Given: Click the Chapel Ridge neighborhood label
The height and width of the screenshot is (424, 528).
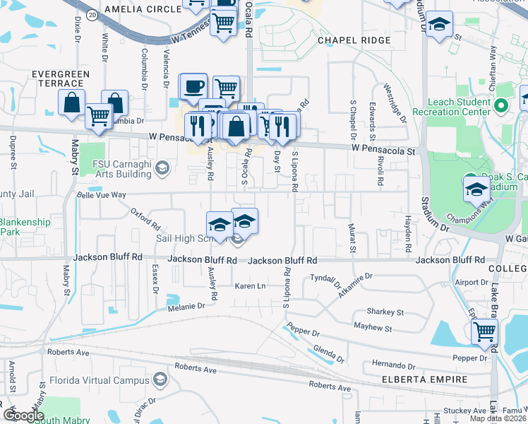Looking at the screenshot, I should point(354,40).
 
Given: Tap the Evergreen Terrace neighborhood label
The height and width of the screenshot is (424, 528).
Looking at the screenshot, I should point(60,78).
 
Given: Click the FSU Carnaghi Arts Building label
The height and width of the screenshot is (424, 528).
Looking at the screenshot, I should point(127,167).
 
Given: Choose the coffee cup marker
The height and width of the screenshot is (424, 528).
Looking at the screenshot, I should point(193,87).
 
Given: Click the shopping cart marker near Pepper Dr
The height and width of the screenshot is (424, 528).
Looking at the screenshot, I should point(484,331).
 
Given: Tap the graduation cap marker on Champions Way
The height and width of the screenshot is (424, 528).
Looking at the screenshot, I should point(476,190).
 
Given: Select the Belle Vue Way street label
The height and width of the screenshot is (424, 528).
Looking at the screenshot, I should point(101,194).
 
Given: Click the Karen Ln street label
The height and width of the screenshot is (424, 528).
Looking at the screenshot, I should point(250,286).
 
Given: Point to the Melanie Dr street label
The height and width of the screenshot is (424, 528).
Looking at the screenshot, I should point(186,306).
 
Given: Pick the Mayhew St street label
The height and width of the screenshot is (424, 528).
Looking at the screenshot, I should point(373,328).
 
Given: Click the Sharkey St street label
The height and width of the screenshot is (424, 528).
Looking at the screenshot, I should point(385,312).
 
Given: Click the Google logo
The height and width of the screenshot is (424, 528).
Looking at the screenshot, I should point(23,416).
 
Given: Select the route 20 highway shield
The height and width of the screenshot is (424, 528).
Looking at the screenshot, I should point(92,13).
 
